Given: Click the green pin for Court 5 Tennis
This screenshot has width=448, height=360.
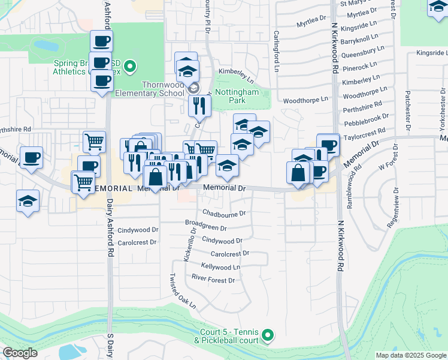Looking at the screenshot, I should (268, 335).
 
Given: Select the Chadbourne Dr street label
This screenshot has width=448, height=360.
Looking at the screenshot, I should (224, 213).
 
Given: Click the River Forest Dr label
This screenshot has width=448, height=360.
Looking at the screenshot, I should (213, 279).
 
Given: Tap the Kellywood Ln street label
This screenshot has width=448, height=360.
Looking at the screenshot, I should (220, 266).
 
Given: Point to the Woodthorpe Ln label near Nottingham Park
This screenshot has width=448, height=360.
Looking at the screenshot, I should (305, 100).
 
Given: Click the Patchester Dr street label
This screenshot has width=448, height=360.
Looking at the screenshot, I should (407, 110).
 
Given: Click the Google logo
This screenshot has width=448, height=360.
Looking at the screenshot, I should (20, 352).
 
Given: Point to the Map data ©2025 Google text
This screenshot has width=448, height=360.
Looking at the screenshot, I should (410, 355).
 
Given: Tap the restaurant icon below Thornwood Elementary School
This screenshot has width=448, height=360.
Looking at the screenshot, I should (199, 106).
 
